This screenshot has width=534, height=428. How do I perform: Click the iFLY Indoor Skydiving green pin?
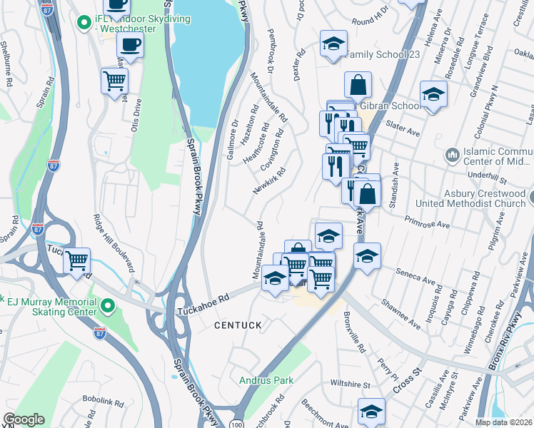click(84, 23)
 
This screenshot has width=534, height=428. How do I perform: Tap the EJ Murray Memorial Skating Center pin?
click(108, 307)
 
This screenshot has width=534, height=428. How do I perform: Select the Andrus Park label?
click(266, 380)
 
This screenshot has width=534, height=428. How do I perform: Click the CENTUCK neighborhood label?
click(238, 325)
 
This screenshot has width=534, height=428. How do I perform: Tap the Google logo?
click(24, 419)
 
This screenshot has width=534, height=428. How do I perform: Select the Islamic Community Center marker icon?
click(452, 155)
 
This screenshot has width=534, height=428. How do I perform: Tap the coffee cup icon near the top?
click(130, 45)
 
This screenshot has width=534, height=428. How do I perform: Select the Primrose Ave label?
click(426, 224)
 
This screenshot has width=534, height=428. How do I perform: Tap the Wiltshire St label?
click(351, 384)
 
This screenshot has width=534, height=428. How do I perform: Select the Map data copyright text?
click(503, 422)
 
